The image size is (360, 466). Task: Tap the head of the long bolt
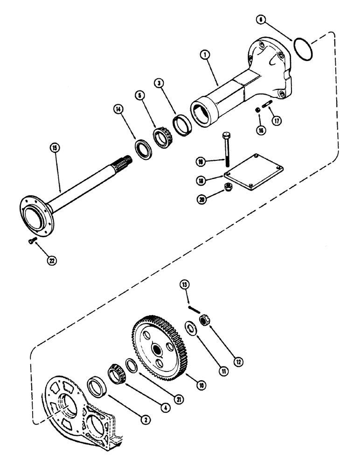[227, 136]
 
